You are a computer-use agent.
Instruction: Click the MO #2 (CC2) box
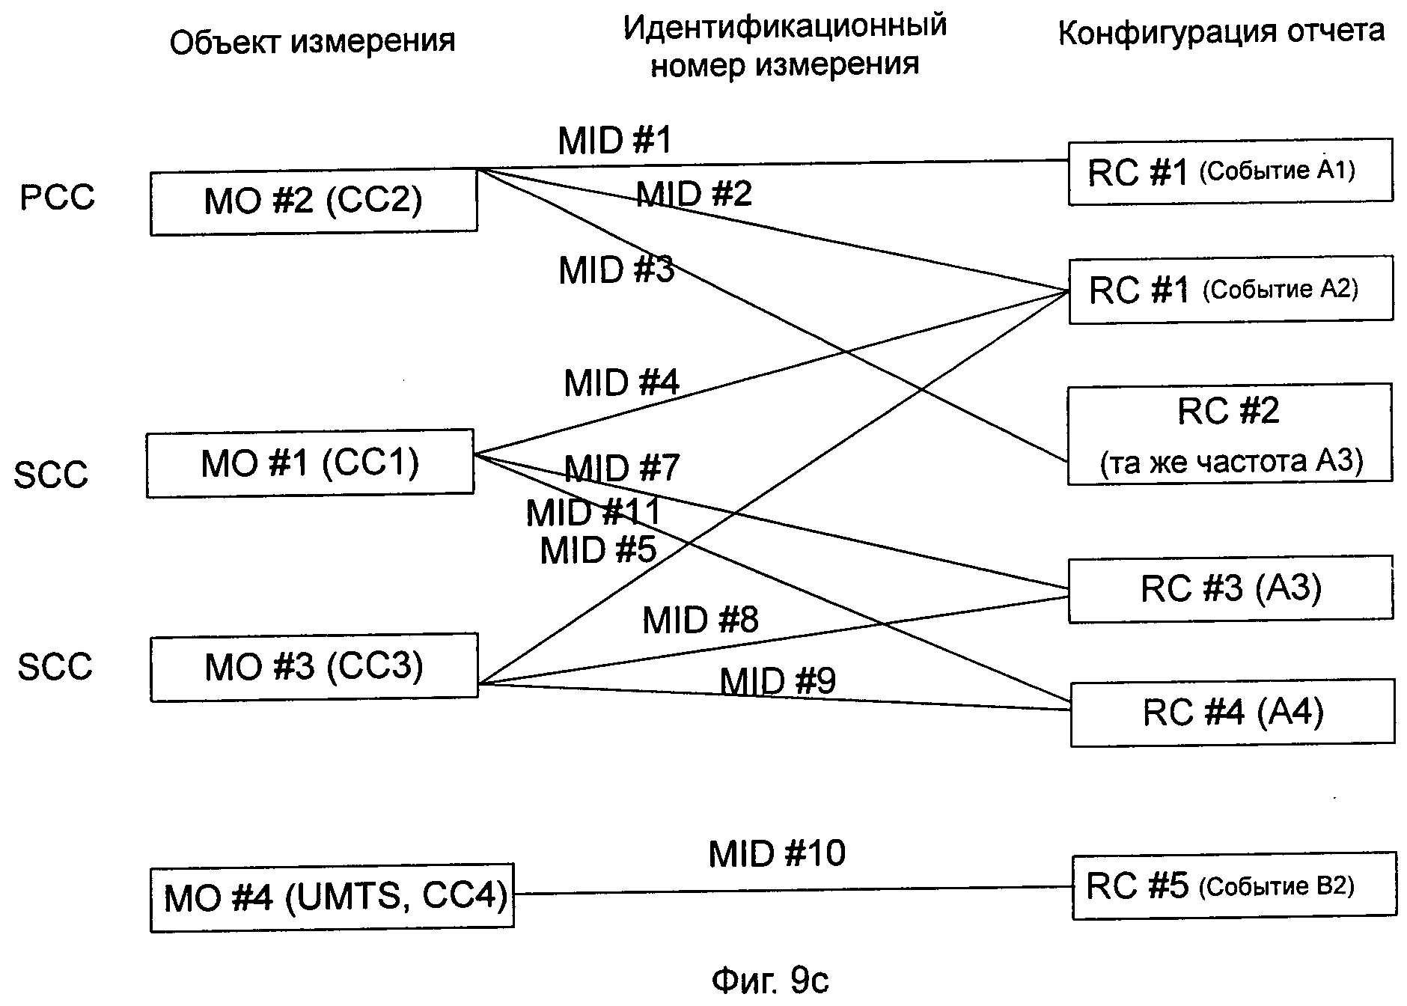tap(314, 202)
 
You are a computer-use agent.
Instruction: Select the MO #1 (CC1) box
tap(310, 463)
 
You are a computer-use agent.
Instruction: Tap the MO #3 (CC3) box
tap(314, 666)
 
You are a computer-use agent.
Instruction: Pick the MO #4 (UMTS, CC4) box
tap(332, 897)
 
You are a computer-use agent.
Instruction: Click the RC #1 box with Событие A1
tap(1230, 171)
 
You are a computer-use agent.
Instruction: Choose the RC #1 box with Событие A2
tap(1230, 290)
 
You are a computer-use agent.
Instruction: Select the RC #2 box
tap(1229, 435)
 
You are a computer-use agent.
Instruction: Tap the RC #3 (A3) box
tap(1230, 589)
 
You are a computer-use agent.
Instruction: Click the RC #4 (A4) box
tap(1232, 712)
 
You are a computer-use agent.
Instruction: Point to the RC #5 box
tap(1233, 887)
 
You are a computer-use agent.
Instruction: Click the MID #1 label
tap(614, 141)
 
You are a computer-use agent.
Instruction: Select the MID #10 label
tap(777, 853)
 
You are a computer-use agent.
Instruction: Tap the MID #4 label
tap(621, 382)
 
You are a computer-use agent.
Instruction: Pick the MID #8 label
tap(700, 620)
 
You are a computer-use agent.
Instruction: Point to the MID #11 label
tap(593, 513)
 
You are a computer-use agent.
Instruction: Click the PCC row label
tap(58, 198)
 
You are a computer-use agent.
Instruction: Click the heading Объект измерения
tap(312, 42)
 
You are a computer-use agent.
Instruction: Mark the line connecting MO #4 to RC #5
tap(793, 890)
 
